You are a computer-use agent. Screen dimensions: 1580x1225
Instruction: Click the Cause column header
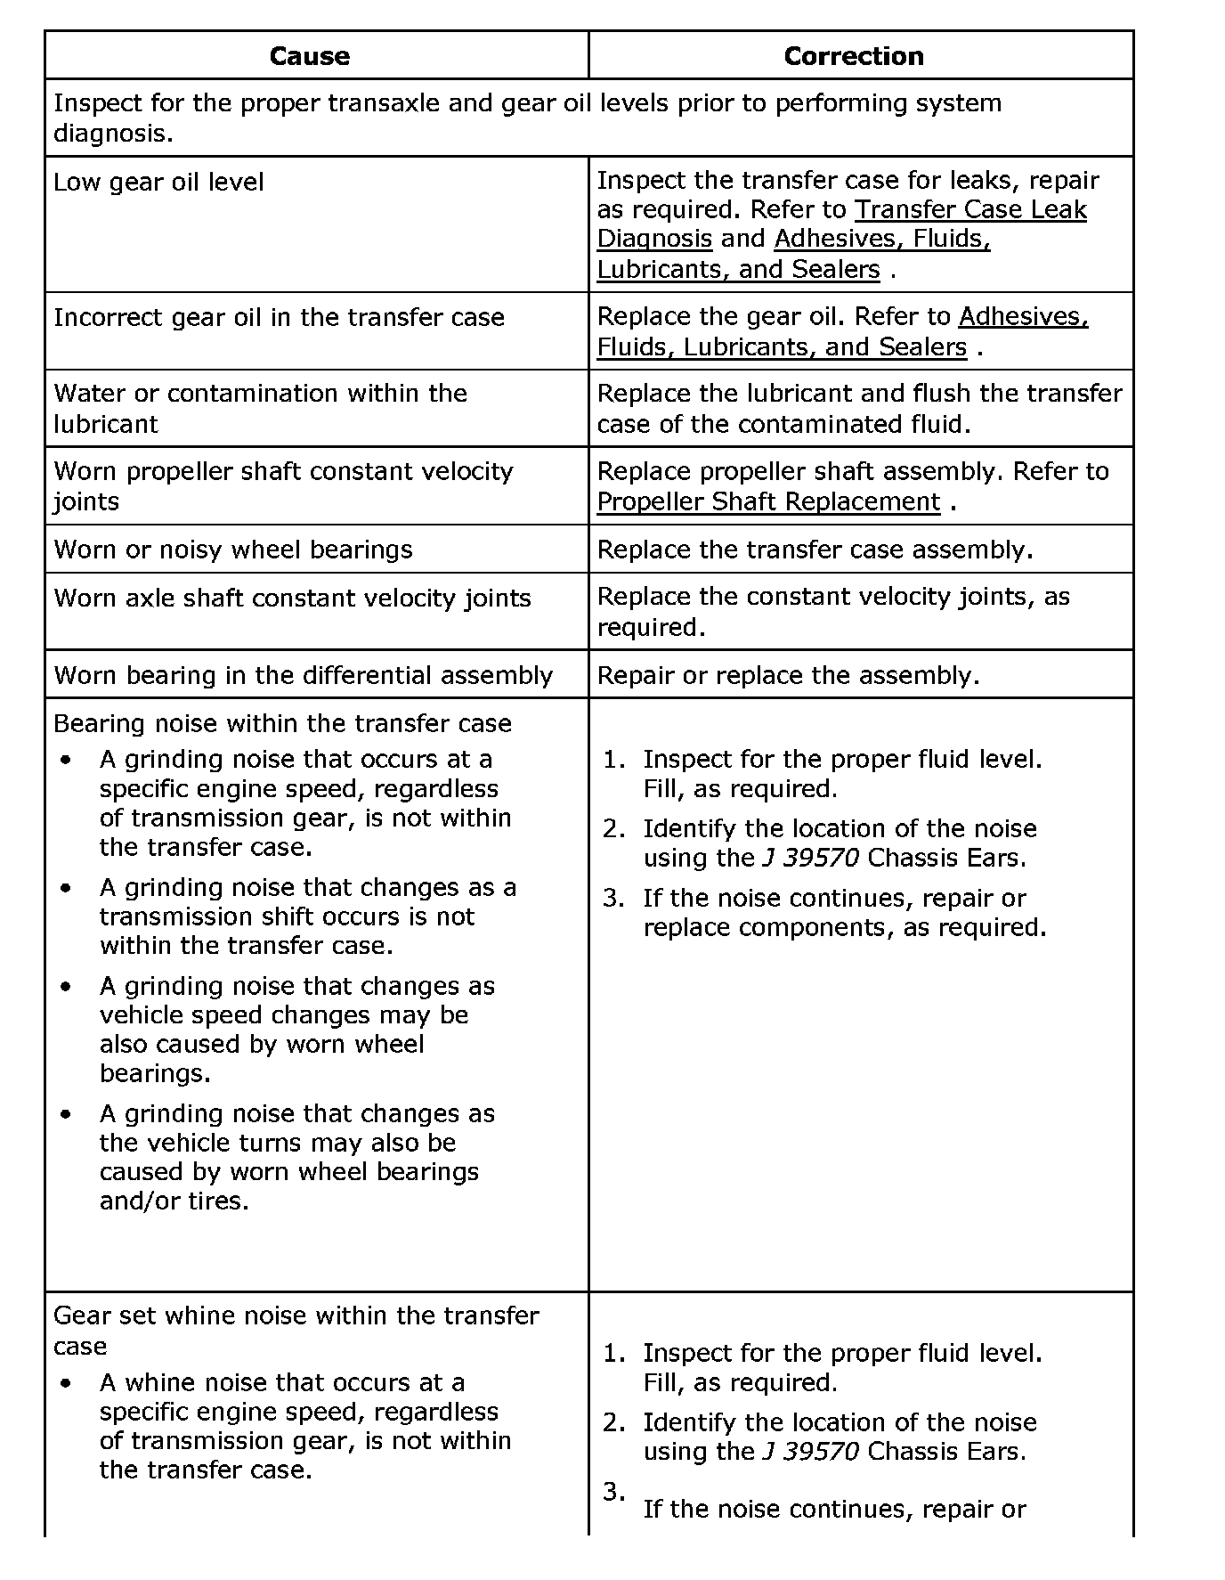tap(309, 56)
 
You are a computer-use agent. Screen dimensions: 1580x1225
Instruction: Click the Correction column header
tap(853, 56)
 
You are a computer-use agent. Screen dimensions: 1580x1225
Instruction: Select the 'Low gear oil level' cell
tap(158, 183)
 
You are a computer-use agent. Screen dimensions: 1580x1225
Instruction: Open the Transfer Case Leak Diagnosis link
tap(969, 210)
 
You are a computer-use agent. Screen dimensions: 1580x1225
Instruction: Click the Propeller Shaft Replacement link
tap(768, 502)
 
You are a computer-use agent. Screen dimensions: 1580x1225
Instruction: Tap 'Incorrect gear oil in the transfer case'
tap(279, 318)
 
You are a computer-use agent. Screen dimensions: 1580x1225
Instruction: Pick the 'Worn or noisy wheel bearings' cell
tap(233, 550)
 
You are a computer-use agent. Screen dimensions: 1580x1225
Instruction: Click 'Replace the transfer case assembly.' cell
tap(815, 550)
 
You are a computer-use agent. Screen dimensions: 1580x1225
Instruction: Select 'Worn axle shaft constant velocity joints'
tap(292, 598)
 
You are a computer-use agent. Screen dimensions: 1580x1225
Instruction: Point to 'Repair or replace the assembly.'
tap(788, 675)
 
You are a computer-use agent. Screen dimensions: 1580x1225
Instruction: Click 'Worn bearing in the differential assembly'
tap(303, 675)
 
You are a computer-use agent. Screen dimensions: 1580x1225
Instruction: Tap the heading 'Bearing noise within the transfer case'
tap(282, 723)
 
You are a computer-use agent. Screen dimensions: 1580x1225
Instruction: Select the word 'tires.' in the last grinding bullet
tap(218, 1201)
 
